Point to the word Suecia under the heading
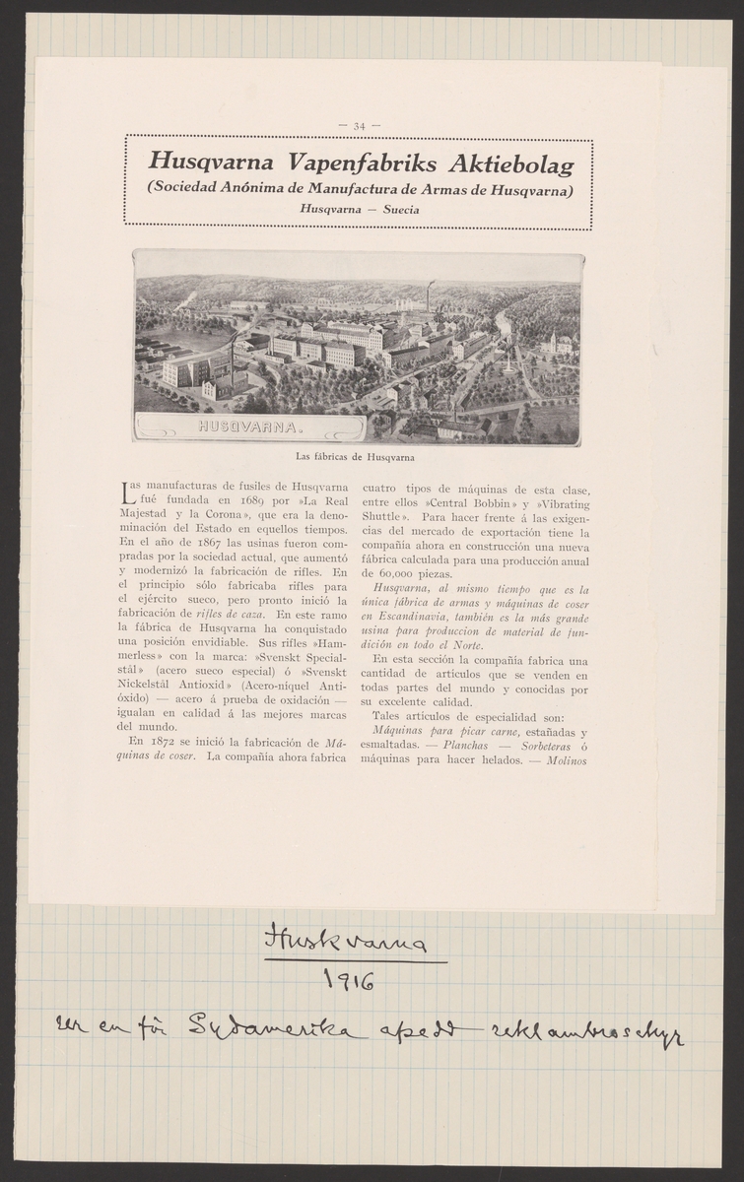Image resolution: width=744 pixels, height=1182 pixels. click(x=399, y=210)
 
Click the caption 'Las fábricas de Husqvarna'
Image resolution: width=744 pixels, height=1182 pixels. click(x=356, y=457)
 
